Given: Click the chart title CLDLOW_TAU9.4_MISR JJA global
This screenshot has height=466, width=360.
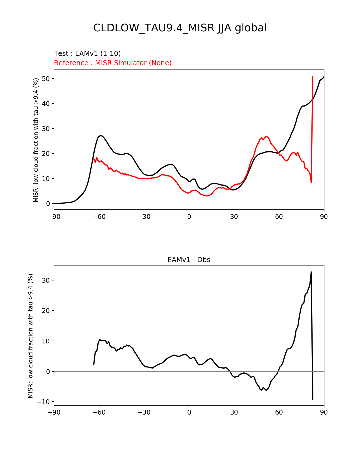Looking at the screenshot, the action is click(180, 28).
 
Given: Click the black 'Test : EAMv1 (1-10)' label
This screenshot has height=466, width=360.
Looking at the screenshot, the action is click(87, 53).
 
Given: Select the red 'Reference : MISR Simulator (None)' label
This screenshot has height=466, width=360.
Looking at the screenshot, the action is click(113, 63).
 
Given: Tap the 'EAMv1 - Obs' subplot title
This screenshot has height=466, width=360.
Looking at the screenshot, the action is click(189, 260).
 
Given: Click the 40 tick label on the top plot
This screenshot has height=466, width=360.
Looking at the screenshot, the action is click(46, 104).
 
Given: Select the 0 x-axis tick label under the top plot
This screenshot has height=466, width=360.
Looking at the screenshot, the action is click(189, 217).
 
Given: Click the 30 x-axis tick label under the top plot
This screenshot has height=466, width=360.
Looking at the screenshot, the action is click(234, 217).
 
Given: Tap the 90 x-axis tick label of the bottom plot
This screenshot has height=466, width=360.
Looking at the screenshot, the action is click(324, 412).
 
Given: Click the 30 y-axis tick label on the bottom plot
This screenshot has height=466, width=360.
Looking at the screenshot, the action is click(46, 280).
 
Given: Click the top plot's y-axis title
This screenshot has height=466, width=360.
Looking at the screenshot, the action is click(36, 140).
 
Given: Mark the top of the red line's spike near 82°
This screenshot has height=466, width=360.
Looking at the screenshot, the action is click(313, 76).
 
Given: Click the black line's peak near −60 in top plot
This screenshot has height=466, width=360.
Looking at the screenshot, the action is click(101, 136).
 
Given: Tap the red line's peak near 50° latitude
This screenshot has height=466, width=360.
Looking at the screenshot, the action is click(266, 136).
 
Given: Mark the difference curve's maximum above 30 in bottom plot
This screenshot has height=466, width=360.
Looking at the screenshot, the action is click(311, 272).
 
